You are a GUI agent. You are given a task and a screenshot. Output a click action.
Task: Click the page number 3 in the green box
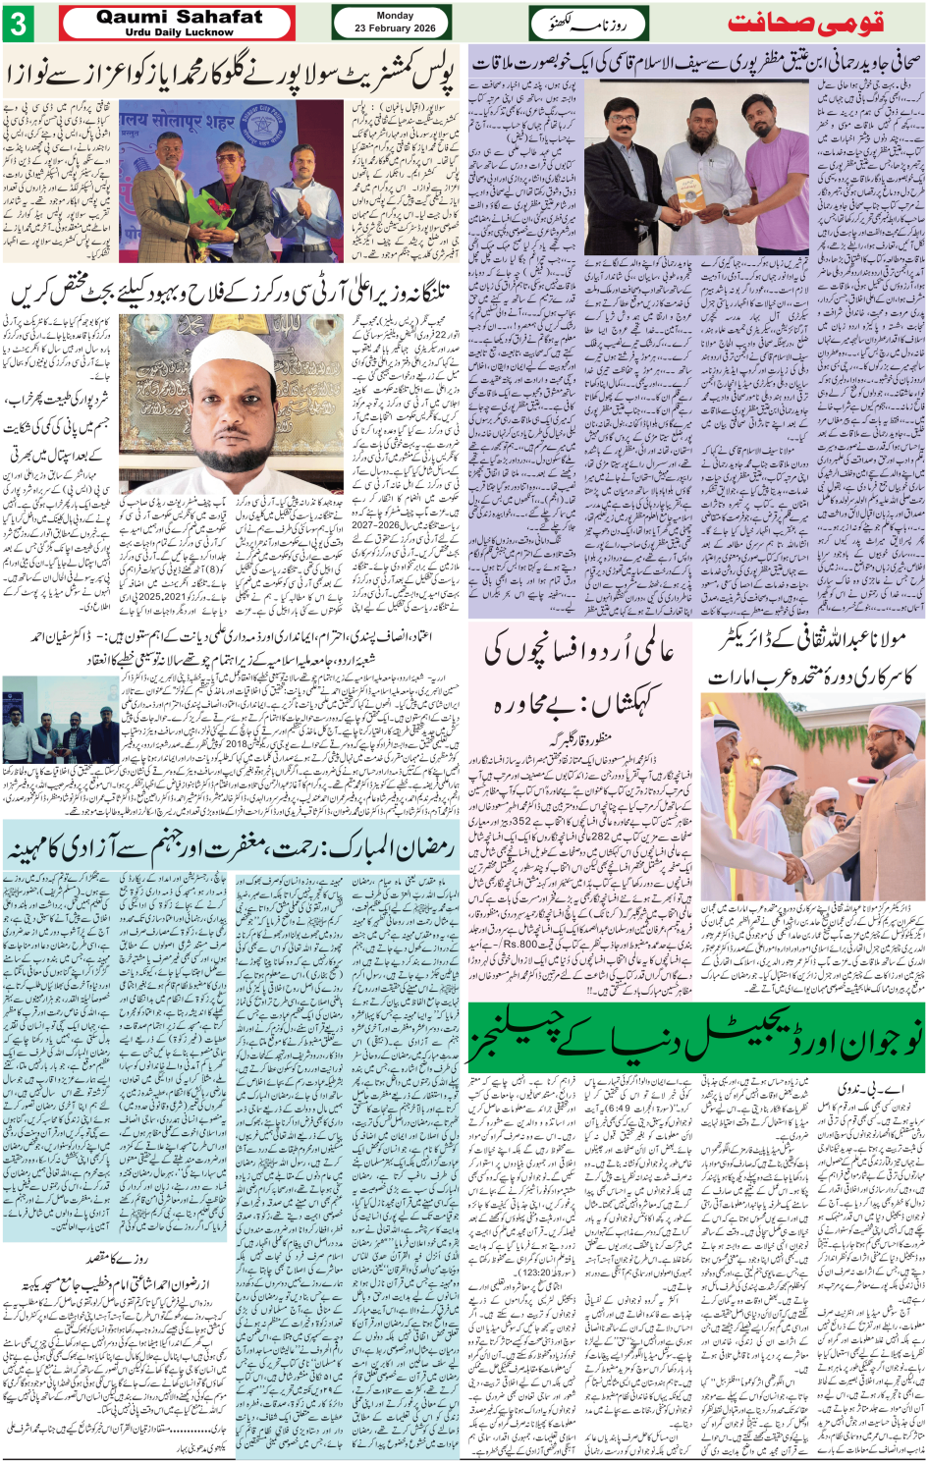[x=18, y=23]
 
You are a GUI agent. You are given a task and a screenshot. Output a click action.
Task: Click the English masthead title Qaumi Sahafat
[x=179, y=17]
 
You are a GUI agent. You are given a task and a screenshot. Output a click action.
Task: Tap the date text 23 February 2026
[x=395, y=28]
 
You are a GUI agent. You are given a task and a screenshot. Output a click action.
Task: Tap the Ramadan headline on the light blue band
[x=232, y=847]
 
